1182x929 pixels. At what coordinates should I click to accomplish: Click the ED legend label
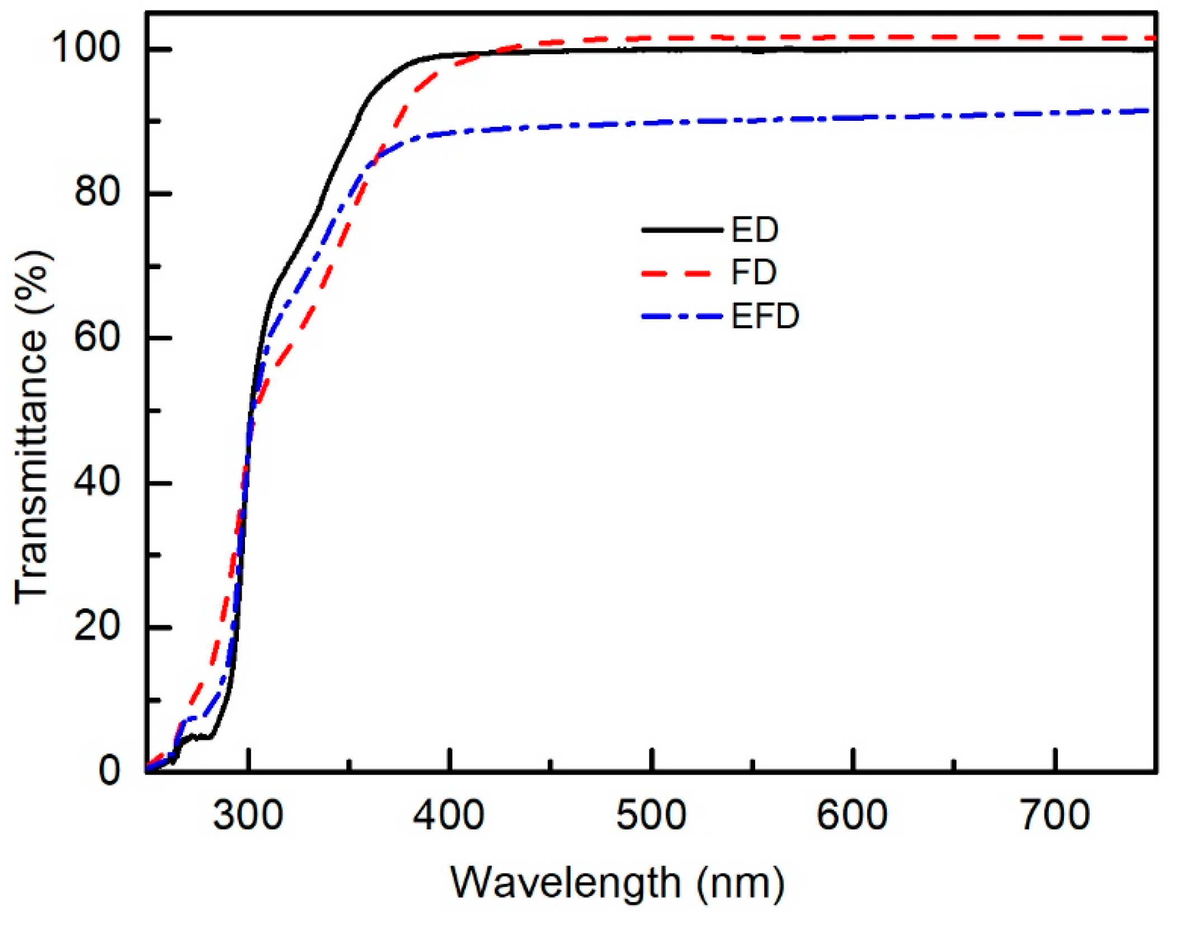[755, 230]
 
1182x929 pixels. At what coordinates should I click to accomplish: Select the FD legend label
[754, 273]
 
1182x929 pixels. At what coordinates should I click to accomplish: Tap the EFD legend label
[765, 317]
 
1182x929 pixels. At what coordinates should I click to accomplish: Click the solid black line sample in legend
[682, 230]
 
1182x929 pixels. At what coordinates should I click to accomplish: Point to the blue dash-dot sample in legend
[682, 317]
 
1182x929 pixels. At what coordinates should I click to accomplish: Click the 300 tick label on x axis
[248, 816]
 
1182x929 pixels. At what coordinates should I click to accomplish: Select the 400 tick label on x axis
[449, 816]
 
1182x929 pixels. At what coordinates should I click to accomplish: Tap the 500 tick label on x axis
[651, 816]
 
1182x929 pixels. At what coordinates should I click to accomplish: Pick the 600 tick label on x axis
[852, 816]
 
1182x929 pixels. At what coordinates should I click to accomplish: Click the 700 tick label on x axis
[1055, 816]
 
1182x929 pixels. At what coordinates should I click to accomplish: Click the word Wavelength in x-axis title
[565, 884]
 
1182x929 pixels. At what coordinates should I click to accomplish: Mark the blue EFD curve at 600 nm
[853, 118]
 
